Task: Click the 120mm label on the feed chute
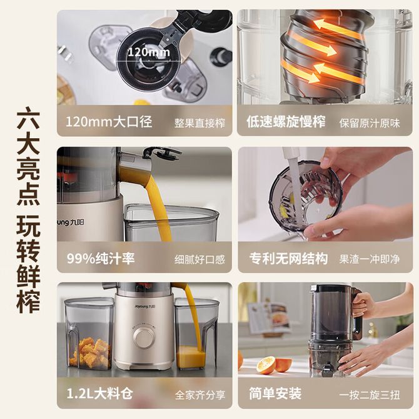point(149,52)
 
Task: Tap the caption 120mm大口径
point(109,122)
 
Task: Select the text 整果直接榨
point(200,123)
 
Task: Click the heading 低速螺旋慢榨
point(286,122)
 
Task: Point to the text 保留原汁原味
point(370,123)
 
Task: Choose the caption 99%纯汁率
point(101,258)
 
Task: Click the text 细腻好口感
point(200,260)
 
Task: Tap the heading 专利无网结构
point(288,258)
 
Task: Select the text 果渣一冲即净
point(370,259)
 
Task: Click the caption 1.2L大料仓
point(99,393)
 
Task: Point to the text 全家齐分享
point(200,395)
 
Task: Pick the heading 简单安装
point(275,393)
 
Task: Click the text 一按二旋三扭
point(370,395)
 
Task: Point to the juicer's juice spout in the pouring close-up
point(135,168)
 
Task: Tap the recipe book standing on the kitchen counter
point(270,320)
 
